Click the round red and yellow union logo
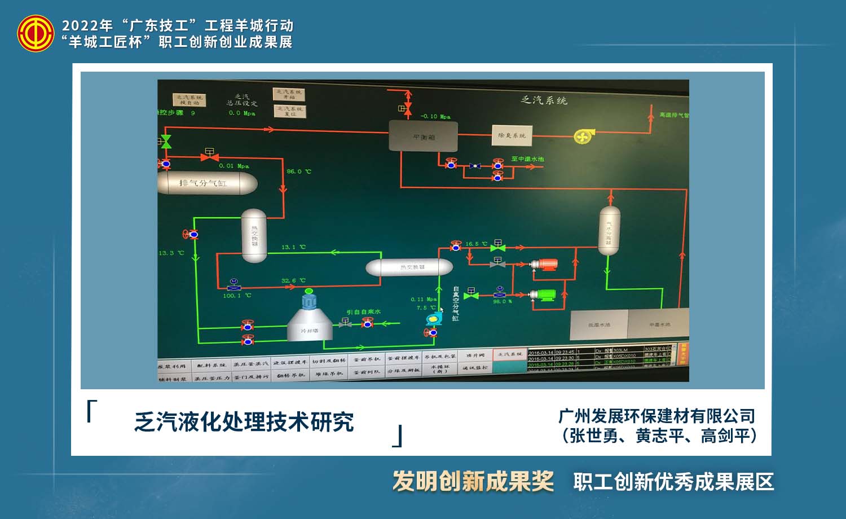[36, 33]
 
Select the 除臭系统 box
[512, 135]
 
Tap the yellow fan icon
[581, 136]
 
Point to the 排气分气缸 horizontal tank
[206, 183]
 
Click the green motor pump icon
[544, 295]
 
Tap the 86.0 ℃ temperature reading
[299, 171]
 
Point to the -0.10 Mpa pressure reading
[435, 117]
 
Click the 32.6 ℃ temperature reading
[293, 280]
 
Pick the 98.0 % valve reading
[502, 302]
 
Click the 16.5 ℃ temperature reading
[475, 244]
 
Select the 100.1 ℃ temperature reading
[237, 296]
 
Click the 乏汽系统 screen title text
[544, 100]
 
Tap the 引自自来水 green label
[364, 312]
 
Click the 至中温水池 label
[527, 159]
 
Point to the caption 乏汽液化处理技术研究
[244, 422]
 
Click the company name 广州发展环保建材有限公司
[656, 416]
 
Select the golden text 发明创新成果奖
[473, 481]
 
